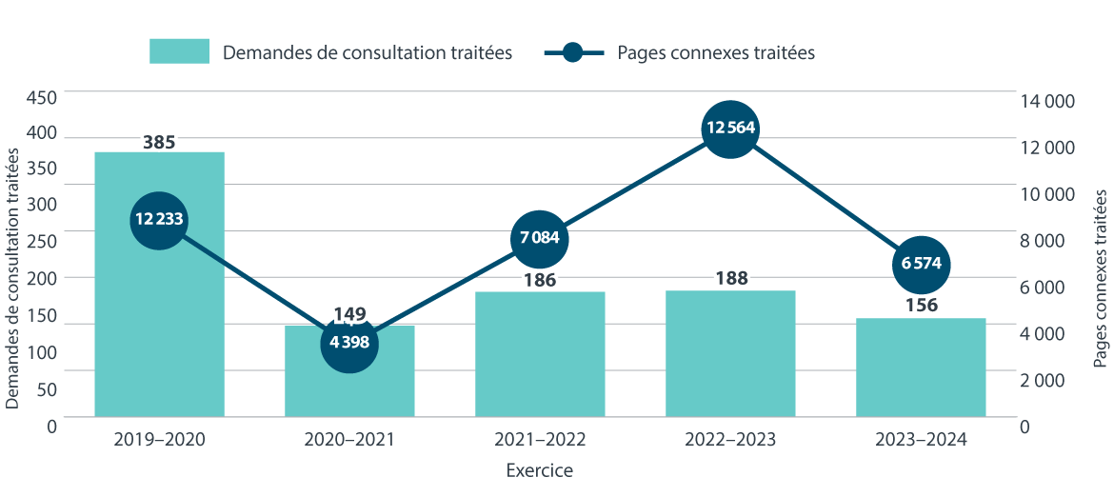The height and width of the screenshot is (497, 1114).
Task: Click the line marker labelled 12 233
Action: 159,219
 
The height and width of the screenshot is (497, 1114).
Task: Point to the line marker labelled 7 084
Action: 540,238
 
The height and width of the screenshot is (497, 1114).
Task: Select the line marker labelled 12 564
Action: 730,129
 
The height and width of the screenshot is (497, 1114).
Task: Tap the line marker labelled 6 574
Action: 921,264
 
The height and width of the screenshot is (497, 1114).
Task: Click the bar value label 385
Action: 159,143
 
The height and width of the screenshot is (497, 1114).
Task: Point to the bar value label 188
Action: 730,278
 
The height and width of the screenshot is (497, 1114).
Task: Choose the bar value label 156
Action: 921,306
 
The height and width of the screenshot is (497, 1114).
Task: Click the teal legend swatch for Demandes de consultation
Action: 179,51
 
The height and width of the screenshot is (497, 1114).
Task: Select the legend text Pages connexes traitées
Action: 716,53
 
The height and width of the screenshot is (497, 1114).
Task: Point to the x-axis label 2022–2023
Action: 730,440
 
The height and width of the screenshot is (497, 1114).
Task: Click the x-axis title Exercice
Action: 540,470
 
